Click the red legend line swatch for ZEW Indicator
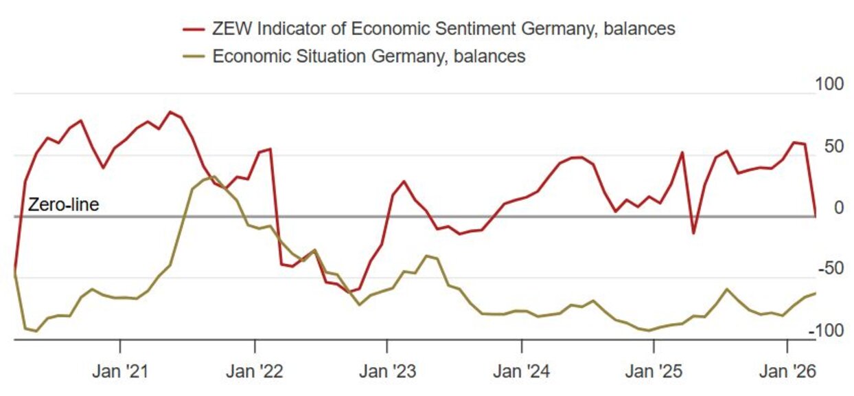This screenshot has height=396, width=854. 194,29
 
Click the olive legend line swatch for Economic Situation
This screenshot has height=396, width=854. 194,56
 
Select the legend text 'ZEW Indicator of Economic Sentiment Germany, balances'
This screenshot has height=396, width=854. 443,29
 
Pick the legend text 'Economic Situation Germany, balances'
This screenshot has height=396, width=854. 369,56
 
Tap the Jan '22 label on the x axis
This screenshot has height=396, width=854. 254,372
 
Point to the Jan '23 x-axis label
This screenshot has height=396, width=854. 387,372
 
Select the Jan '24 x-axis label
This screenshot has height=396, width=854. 521,372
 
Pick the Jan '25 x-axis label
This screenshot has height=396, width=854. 653,372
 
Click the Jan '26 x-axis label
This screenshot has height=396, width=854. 786,372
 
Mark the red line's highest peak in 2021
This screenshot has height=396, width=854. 170,112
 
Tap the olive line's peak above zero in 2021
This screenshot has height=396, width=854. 214,177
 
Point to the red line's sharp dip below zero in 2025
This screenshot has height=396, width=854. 693,233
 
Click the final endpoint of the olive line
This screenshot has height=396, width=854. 816,294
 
